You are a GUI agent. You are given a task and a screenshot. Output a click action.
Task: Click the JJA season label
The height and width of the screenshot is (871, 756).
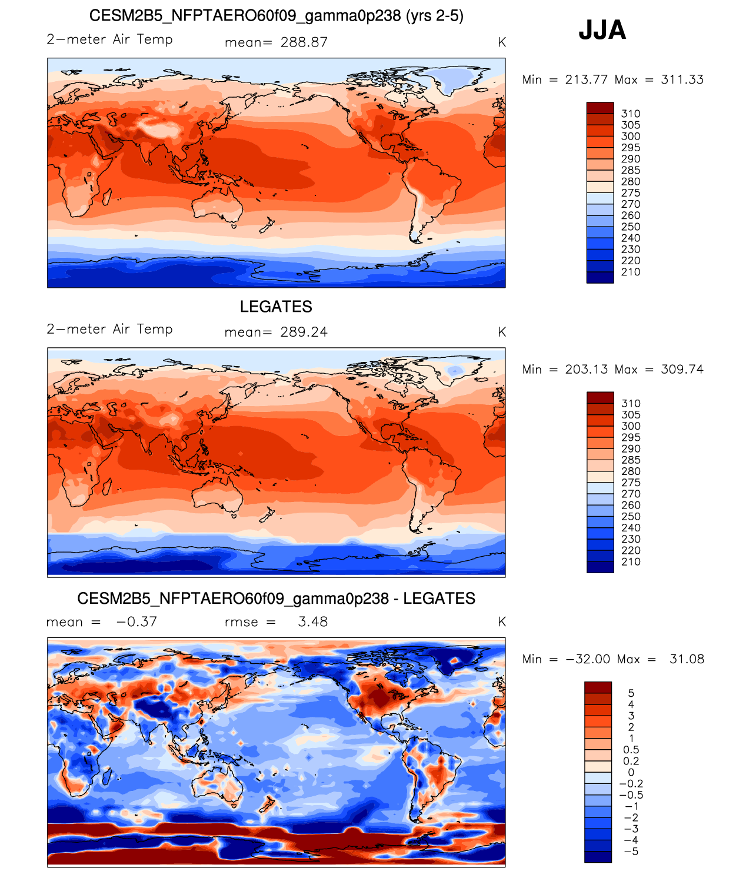(602, 30)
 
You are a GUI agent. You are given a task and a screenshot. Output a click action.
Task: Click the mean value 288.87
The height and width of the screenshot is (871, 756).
(304, 42)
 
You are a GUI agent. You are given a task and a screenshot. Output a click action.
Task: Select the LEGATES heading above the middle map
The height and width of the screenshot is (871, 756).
(276, 307)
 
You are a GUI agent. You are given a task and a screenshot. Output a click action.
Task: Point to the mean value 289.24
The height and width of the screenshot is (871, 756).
(304, 332)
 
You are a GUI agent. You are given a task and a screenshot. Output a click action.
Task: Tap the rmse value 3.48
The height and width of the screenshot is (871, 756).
(312, 622)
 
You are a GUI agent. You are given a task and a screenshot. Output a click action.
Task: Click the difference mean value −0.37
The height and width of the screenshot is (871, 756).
(136, 622)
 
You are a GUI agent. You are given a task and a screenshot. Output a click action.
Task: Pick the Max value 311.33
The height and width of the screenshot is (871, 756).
(682, 79)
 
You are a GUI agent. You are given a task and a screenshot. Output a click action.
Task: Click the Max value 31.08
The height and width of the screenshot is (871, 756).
(687, 659)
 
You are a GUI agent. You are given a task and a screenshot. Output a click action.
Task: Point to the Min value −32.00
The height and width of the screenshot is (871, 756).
(588, 659)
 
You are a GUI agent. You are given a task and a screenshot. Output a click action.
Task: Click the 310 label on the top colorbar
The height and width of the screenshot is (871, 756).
(631, 114)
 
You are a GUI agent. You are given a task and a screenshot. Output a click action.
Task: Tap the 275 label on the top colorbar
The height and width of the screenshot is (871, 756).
(631, 193)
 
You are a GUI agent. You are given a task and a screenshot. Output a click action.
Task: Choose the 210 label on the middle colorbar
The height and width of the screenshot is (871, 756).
(631, 562)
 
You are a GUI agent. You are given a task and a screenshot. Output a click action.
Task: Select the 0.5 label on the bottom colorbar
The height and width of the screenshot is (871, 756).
(631, 750)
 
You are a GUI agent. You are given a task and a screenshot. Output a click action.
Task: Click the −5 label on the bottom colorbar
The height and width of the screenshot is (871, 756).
(632, 852)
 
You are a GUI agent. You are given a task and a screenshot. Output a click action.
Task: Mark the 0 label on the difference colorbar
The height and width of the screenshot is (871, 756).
(631, 772)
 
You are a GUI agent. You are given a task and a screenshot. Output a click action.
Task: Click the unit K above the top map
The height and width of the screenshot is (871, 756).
(502, 42)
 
